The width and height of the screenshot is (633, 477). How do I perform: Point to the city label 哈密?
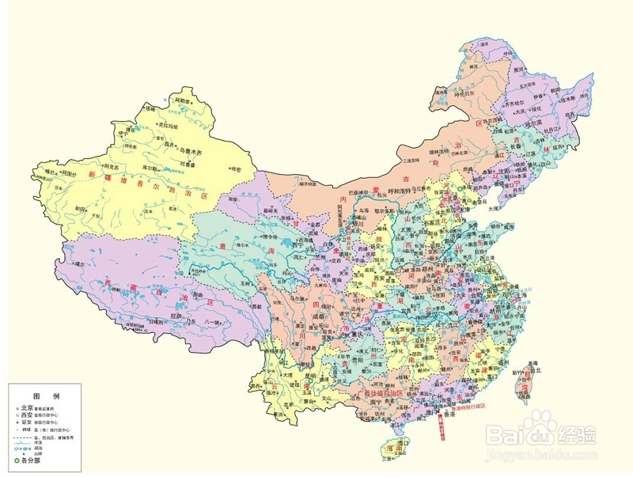[x=236, y=168]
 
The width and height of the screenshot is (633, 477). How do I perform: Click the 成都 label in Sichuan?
[x=319, y=316]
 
